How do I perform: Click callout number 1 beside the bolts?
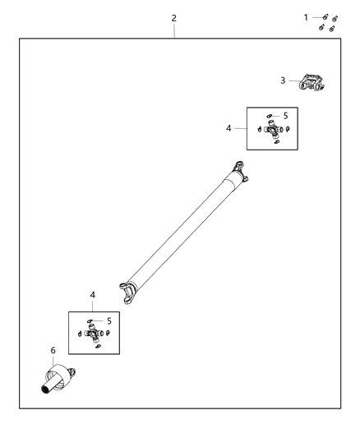click(x=307, y=16)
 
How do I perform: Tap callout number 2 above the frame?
click(x=173, y=17)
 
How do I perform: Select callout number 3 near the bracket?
click(x=283, y=80)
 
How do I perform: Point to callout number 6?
click(x=54, y=351)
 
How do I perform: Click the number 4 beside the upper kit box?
click(x=229, y=127)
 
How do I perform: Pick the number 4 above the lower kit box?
click(x=93, y=294)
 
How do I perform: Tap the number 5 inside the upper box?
click(x=285, y=116)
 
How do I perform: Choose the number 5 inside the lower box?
click(x=108, y=320)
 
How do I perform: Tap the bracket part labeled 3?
click(x=312, y=82)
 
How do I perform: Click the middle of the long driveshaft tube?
click(x=185, y=232)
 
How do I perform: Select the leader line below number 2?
click(x=174, y=30)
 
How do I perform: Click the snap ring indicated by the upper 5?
click(x=270, y=117)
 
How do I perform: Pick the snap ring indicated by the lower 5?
click(x=91, y=322)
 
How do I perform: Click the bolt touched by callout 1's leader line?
click(x=325, y=17)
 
